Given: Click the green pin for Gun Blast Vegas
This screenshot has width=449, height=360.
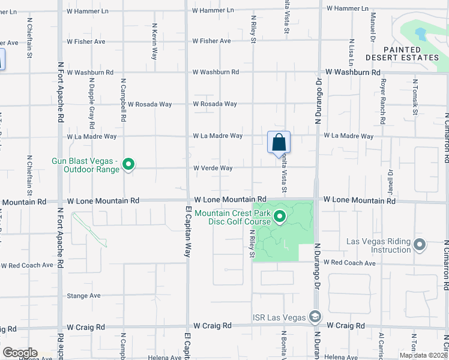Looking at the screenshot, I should point(128,164).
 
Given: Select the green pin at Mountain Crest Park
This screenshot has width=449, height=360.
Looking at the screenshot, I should point(279,217).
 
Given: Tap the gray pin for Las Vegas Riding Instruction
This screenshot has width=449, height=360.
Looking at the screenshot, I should point(420,245).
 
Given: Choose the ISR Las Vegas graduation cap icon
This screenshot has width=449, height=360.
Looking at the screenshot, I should point(315,317).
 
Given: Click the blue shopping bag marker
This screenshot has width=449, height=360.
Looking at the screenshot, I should point(279,143).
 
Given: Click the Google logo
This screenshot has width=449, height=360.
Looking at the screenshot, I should point(19,353).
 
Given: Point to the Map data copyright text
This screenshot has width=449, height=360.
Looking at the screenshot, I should point(423,355).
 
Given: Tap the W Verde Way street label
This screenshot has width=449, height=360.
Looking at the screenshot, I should point(212,168).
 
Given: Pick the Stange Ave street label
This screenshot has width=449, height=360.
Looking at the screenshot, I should point(83,296).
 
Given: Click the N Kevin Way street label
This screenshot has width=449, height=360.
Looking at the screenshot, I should point(155,41).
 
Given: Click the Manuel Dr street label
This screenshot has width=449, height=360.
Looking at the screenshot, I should point(373,28).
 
